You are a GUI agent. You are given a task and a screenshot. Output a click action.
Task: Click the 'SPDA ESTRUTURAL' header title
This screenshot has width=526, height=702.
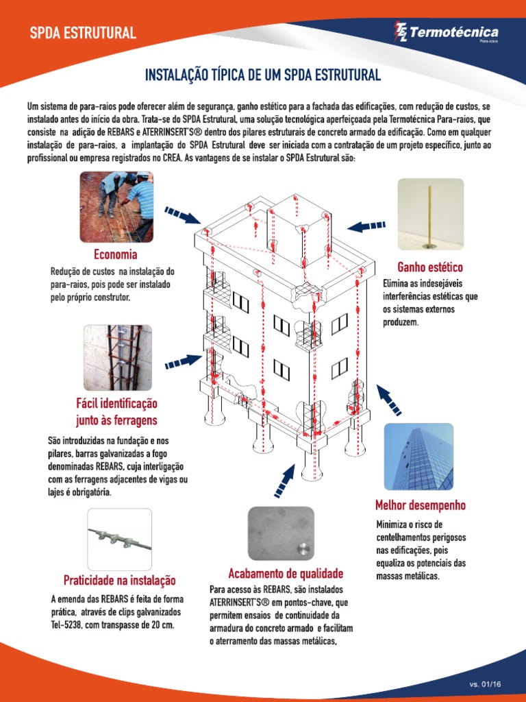point(82,33)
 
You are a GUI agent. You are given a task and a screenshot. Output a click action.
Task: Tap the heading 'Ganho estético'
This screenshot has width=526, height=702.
point(430,267)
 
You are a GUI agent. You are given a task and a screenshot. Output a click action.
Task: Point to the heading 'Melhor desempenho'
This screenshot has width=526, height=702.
point(421,505)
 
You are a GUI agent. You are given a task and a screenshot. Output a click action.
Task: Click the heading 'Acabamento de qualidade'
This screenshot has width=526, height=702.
point(286,573)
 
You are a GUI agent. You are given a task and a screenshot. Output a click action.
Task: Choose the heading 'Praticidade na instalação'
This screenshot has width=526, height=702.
point(120,579)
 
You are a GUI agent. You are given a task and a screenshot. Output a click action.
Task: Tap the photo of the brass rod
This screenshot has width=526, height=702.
point(430,214)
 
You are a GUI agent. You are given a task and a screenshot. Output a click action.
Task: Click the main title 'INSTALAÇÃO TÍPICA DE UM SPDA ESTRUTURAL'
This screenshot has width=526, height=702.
point(262,74)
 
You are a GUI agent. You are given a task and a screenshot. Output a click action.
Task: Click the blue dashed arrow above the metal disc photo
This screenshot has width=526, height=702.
point(283,481)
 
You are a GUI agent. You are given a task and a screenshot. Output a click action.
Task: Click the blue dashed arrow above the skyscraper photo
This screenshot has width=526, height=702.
point(389,400)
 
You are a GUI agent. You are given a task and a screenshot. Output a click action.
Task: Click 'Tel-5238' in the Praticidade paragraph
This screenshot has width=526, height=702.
point(68,625)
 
